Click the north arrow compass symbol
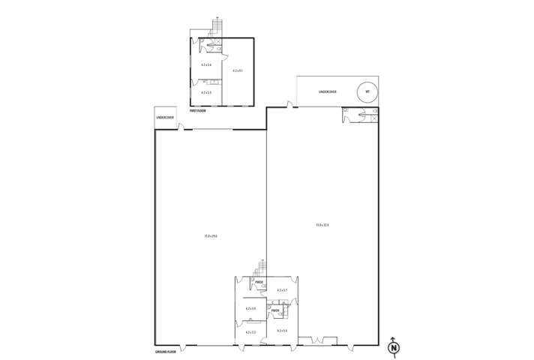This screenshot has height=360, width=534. pos(394,346)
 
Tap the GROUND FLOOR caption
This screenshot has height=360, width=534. pos(165,351)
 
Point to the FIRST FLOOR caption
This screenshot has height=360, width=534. pos(197,110)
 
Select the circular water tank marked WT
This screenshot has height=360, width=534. pos(367,92)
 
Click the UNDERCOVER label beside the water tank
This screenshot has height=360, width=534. pos(327,92)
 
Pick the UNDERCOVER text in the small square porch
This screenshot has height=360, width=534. pos(165,118)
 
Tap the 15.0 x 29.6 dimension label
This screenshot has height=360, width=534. pos(211,236)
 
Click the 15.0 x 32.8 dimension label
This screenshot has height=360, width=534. pos(322,224)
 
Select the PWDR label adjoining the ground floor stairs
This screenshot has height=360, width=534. pos(259,282)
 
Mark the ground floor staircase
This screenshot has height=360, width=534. pos(262,267)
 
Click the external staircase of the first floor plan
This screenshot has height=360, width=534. pos(217,28)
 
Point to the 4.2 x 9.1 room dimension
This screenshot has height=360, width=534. pos(238,70)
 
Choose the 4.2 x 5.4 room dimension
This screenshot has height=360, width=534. pos(206,64)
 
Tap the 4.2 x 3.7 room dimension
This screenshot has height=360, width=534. pos(282,289)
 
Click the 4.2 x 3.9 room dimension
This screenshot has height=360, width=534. pos(250,308)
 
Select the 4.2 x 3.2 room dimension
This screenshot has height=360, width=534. pos(250,331)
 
